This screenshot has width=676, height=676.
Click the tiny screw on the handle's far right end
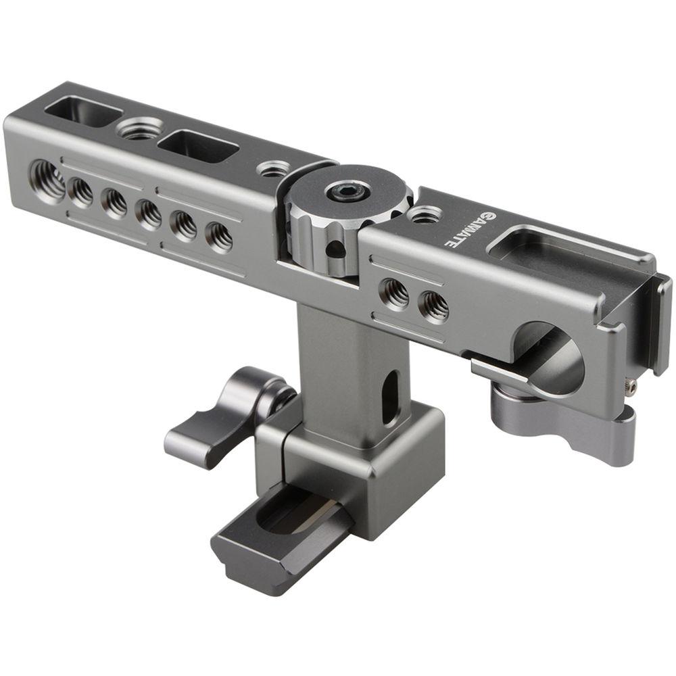pos(631,386)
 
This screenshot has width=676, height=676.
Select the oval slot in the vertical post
pos(389,399)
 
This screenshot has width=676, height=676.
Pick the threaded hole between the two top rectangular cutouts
pos(141,128)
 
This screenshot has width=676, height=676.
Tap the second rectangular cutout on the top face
pos(197,146)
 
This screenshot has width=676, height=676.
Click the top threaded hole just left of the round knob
pos(274,168)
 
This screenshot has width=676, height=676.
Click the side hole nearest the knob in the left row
pos(218,237)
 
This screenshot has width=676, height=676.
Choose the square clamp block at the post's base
pos(365,466)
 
